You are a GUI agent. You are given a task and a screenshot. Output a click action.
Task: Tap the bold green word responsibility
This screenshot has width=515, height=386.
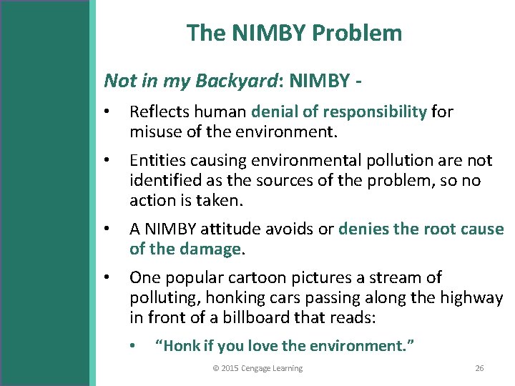pos(376,112)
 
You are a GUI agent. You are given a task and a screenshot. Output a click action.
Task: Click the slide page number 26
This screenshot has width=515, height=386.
pos(479,368)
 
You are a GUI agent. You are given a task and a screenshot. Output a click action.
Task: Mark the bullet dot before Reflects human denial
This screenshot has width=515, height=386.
pos(106,112)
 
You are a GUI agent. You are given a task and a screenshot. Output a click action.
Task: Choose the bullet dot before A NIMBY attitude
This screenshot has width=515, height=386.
pos(106,230)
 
